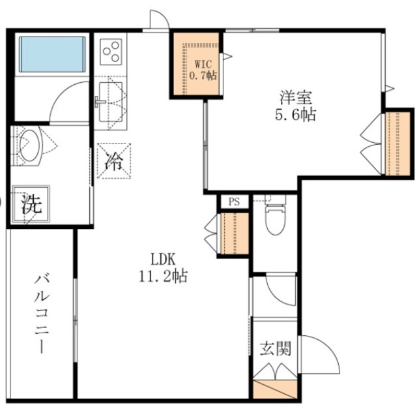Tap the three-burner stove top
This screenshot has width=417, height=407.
pos(111,50)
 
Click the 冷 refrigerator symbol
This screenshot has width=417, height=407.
pos(113,161)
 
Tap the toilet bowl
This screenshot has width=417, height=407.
pos(275,220)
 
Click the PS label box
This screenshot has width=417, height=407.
pos(234,202)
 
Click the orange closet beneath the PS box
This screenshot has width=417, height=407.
pos(233,233)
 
